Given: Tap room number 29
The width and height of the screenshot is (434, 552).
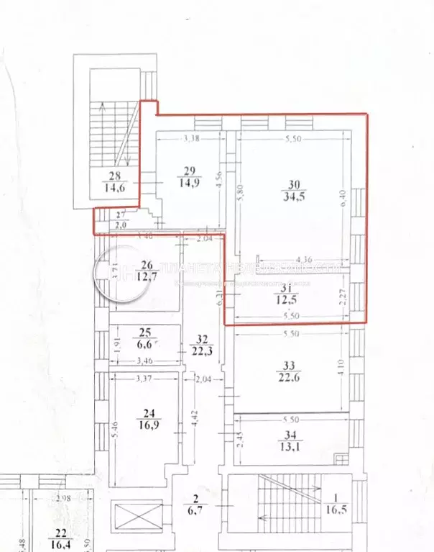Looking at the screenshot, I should [x=190, y=171].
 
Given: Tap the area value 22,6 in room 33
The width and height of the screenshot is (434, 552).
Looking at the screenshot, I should [x=292, y=376].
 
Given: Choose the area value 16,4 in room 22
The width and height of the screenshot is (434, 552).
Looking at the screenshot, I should [x=59, y=543].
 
